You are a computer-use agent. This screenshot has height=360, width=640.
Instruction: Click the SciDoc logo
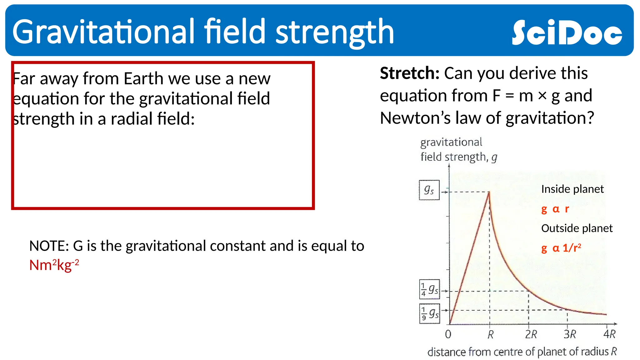pyautogui.click(x=567, y=32)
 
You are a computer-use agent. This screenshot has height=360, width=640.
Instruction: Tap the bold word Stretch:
pyautogui.click(x=409, y=73)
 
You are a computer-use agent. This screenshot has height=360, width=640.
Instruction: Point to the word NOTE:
pyautogui.click(x=49, y=246)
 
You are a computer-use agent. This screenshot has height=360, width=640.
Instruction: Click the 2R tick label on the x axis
pyautogui.click(x=531, y=335)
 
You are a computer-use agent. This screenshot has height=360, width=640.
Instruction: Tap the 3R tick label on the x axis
pyautogui.click(x=570, y=335)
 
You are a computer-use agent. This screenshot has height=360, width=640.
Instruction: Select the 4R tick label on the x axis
pyautogui.click(x=609, y=334)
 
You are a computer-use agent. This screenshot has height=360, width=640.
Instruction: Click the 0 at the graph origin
pyautogui.click(x=448, y=334)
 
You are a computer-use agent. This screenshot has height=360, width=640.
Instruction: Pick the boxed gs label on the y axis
pyautogui.click(x=429, y=190)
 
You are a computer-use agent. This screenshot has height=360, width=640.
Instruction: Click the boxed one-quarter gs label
pyautogui.click(x=429, y=289)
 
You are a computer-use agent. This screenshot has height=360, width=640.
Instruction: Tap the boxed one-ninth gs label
pyautogui.click(x=429, y=313)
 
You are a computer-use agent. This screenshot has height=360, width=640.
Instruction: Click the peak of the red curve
pyautogui.click(x=489, y=192)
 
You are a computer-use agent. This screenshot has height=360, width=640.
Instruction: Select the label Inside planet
pyautogui.click(x=572, y=189)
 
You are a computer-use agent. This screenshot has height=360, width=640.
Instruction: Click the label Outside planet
pyautogui.click(x=577, y=228)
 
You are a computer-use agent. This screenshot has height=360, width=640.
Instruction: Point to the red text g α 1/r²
pyautogui.click(x=561, y=248)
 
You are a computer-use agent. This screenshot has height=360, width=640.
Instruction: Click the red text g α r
pyautogui.click(x=555, y=209)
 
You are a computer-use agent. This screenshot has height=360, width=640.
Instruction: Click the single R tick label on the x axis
pyautogui.click(x=490, y=335)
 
